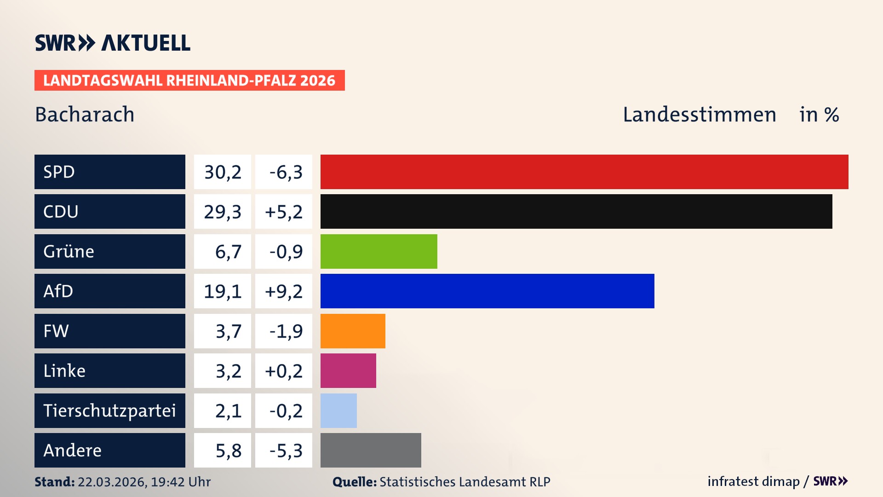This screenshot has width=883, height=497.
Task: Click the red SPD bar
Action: (584, 172)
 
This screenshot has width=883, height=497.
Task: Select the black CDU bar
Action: (576, 211)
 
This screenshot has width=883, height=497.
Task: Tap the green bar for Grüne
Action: (378, 251)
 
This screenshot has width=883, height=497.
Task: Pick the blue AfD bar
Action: (487, 291)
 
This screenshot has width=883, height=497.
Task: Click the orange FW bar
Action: (353, 331)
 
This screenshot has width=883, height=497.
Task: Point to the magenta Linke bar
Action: (348, 370)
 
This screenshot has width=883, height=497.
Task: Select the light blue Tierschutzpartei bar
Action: (338, 410)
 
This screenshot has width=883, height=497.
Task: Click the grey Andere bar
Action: (371, 450)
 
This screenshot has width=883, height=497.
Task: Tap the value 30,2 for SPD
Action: (223, 172)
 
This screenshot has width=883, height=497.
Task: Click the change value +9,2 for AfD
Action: (284, 291)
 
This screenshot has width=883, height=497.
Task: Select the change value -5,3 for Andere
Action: (286, 451)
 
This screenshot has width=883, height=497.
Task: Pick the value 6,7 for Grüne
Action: (228, 252)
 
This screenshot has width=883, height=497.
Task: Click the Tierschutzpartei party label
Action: (109, 410)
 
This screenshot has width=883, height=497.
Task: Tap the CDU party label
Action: (61, 212)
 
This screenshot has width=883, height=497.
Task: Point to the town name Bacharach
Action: (85, 115)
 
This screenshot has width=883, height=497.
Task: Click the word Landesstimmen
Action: (699, 115)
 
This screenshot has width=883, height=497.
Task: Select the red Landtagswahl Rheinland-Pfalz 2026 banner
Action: (189, 81)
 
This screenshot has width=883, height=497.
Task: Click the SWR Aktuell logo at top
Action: (112, 43)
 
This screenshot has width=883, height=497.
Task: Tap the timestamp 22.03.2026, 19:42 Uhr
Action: (144, 482)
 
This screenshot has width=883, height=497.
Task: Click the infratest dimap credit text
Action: (753, 481)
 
